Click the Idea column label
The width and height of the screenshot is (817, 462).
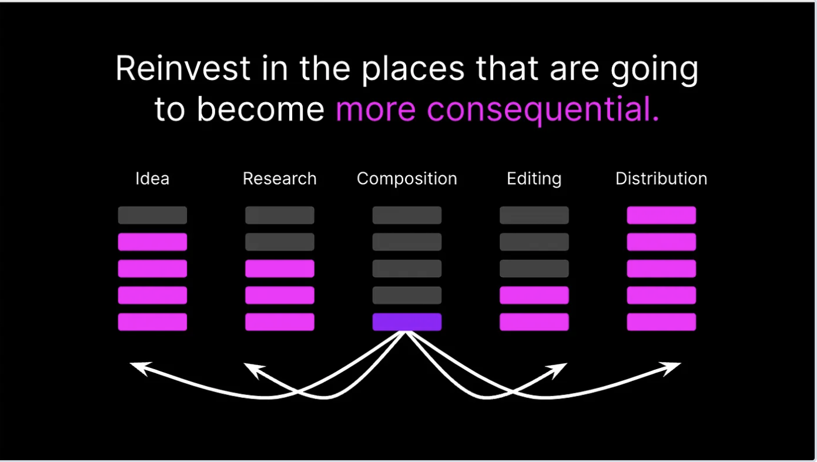[152, 179]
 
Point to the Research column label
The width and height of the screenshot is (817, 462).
[280, 179]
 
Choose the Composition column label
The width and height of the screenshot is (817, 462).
[407, 179]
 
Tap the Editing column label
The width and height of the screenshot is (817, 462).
[534, 179]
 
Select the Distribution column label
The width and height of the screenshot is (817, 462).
[661, 179]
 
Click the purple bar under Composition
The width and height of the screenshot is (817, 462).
[407, 322]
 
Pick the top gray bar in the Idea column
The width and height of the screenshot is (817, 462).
[152, 215]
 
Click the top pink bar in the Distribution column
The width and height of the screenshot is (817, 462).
[661, 215]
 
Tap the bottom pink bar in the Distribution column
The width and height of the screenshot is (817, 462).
[661, 322]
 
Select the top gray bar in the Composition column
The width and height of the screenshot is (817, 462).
[407, 215]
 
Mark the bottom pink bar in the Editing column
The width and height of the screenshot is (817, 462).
[534, 322]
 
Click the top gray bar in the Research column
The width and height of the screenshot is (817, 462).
[280, 215]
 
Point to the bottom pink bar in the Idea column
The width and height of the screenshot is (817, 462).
[152, 322]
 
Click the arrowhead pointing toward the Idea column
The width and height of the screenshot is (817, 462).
[136, 367]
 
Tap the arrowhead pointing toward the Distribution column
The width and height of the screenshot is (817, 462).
[674, 367]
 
